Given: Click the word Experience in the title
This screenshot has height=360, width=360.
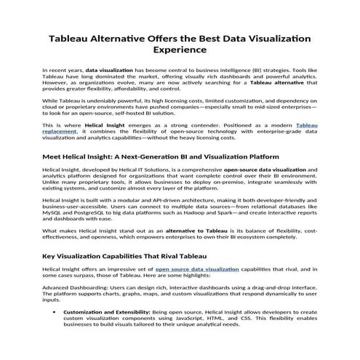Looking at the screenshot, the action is tap(180, 51).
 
